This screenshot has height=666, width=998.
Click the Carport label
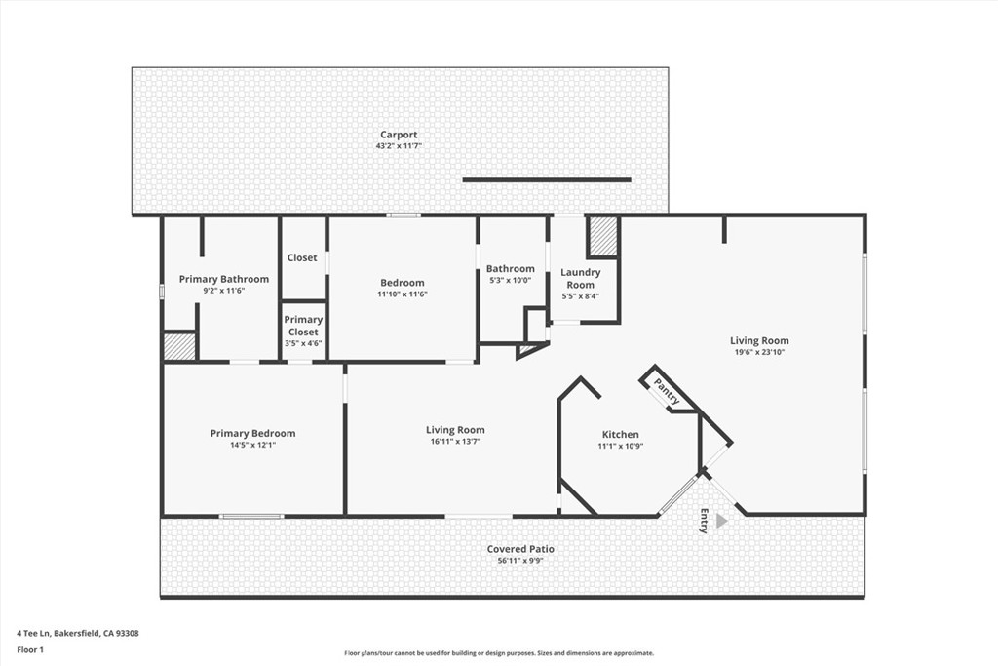pos(399,135)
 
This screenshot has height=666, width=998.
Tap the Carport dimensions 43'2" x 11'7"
pos(399,146)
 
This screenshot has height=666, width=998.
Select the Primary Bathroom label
pos(224,279)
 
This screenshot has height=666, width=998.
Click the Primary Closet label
pos(303,326)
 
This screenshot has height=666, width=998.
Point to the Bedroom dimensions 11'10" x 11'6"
pos(403,294)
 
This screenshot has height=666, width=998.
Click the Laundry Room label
pos(581,278)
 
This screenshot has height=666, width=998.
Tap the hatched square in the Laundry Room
pos(603,237)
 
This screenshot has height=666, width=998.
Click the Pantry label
pos(668,392)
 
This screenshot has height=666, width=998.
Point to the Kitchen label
pos(621,435)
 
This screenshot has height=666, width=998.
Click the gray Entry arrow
pos(721,521)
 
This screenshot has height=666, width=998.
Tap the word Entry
pos(704,521)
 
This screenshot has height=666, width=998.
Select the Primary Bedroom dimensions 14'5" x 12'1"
pos(252,446)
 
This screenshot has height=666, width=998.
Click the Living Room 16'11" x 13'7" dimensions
pos(455,442)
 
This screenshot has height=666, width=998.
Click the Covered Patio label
pos(521,549)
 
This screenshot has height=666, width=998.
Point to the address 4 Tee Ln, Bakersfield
pos(78,633)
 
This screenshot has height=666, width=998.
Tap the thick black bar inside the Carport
pos(546,179)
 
